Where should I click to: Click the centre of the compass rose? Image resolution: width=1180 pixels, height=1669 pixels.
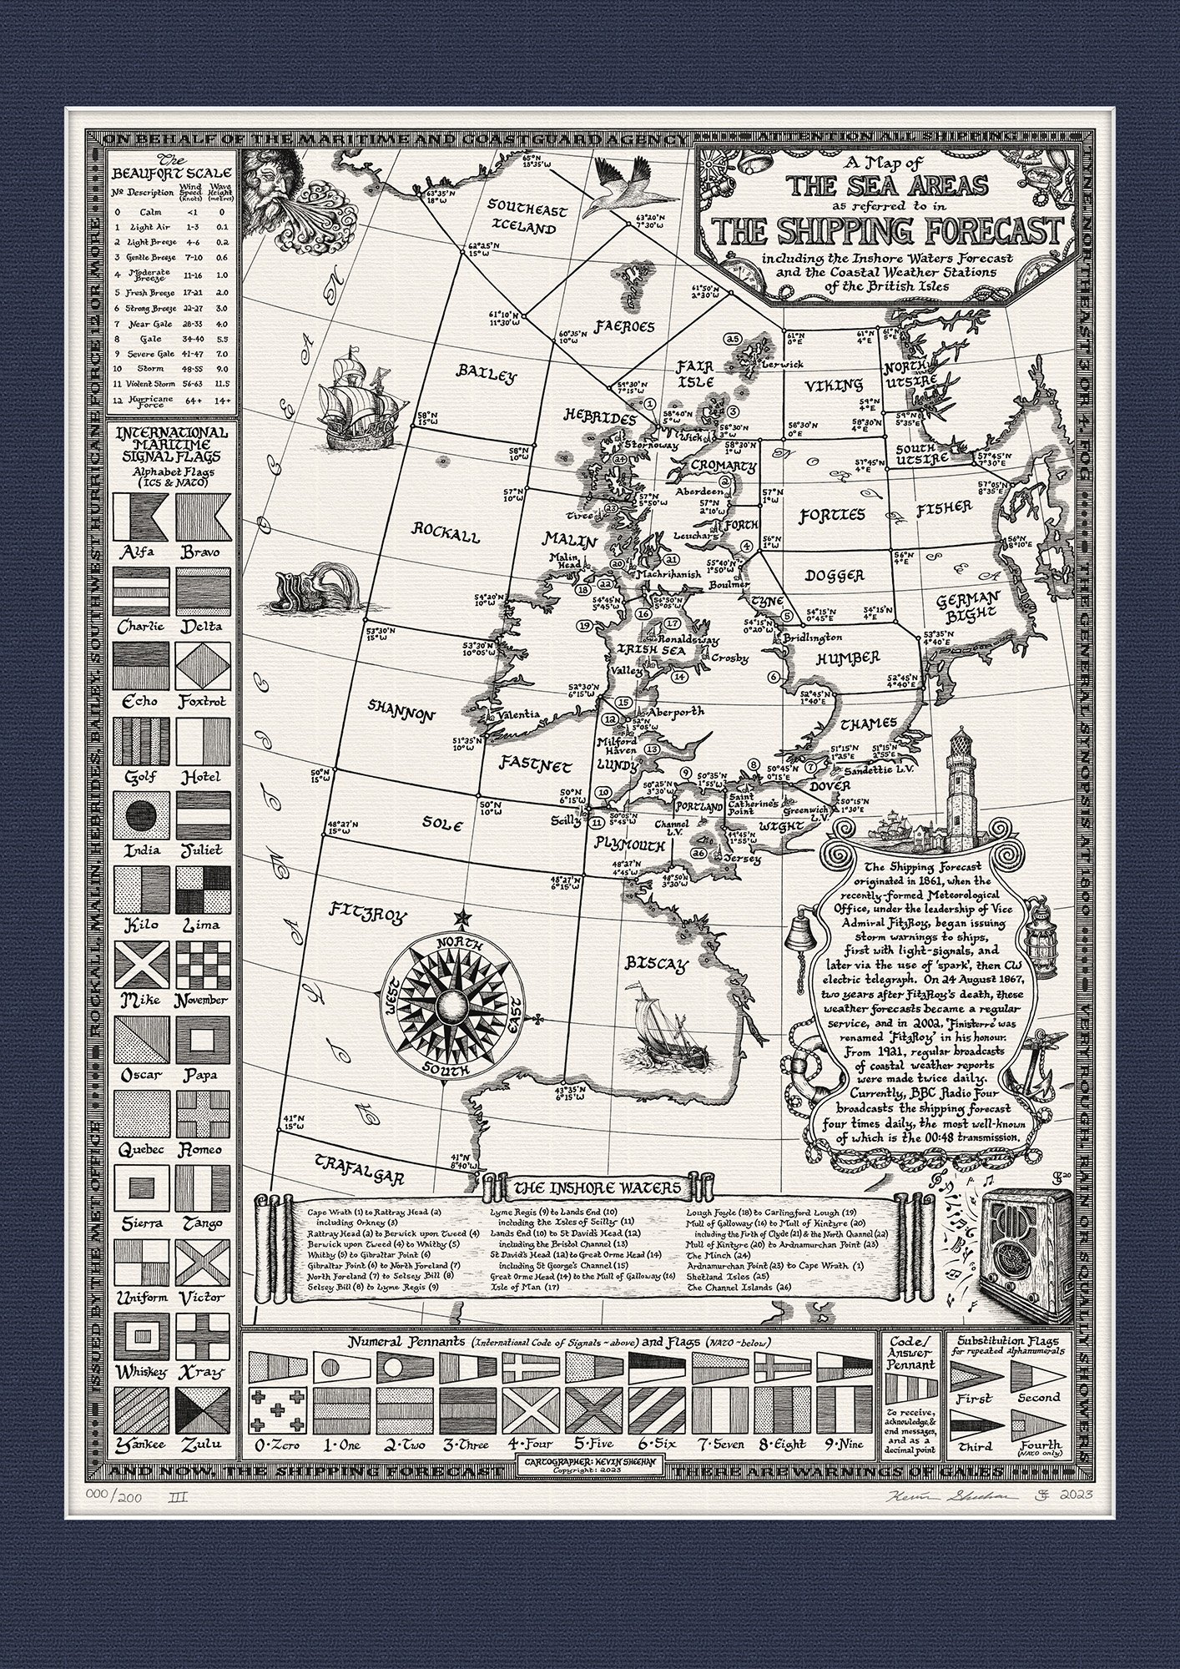point(453,1006)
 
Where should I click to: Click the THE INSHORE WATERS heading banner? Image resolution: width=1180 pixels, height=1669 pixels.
point(597,1187)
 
